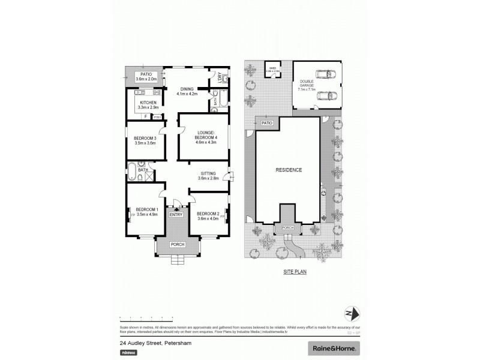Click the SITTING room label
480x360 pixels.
(x=208, y=173)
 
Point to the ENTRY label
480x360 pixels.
(x=176, y=214)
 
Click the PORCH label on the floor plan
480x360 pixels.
(x=177, y=245)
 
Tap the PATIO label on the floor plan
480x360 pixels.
(x=145, y=74)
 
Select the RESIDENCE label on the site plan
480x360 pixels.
(x=288, y=170)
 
